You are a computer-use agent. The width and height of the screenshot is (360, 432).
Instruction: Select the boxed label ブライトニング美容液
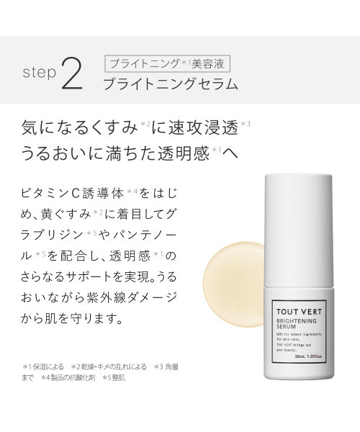point(168,63)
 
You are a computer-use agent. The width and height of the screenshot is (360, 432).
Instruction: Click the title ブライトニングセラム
point(170,84)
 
